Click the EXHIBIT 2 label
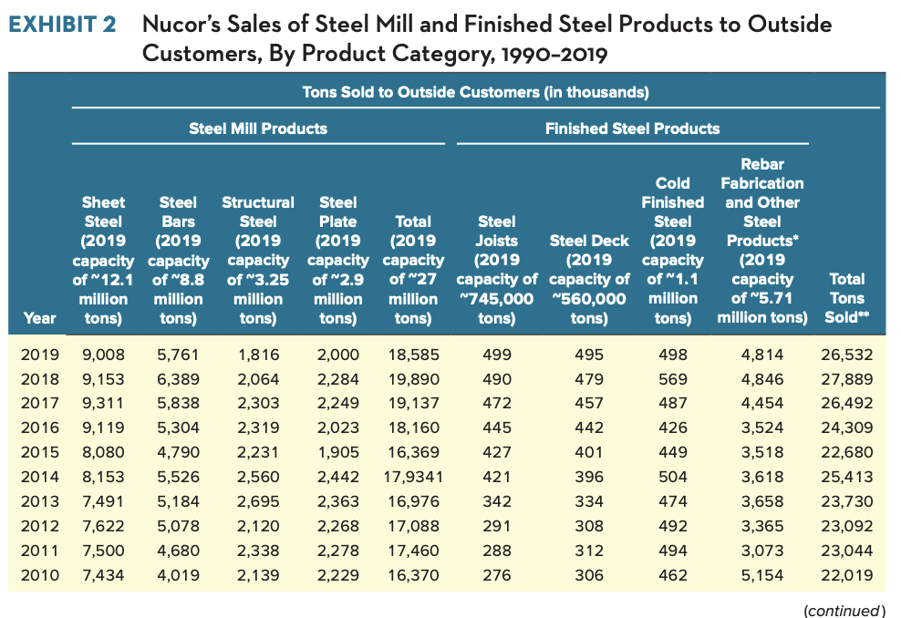coord(63,25)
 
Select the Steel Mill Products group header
coord(258,129)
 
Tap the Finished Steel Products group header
coord(632,129)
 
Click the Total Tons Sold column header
coord(848,298)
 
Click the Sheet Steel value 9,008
coord(103,355)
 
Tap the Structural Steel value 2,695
coord(257,501)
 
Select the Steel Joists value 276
coord(496,575)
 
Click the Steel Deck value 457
coord(589,404)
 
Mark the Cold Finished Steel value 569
coord(673,379)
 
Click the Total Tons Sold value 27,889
coord(848,379)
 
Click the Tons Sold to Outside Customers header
coord(475,92)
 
